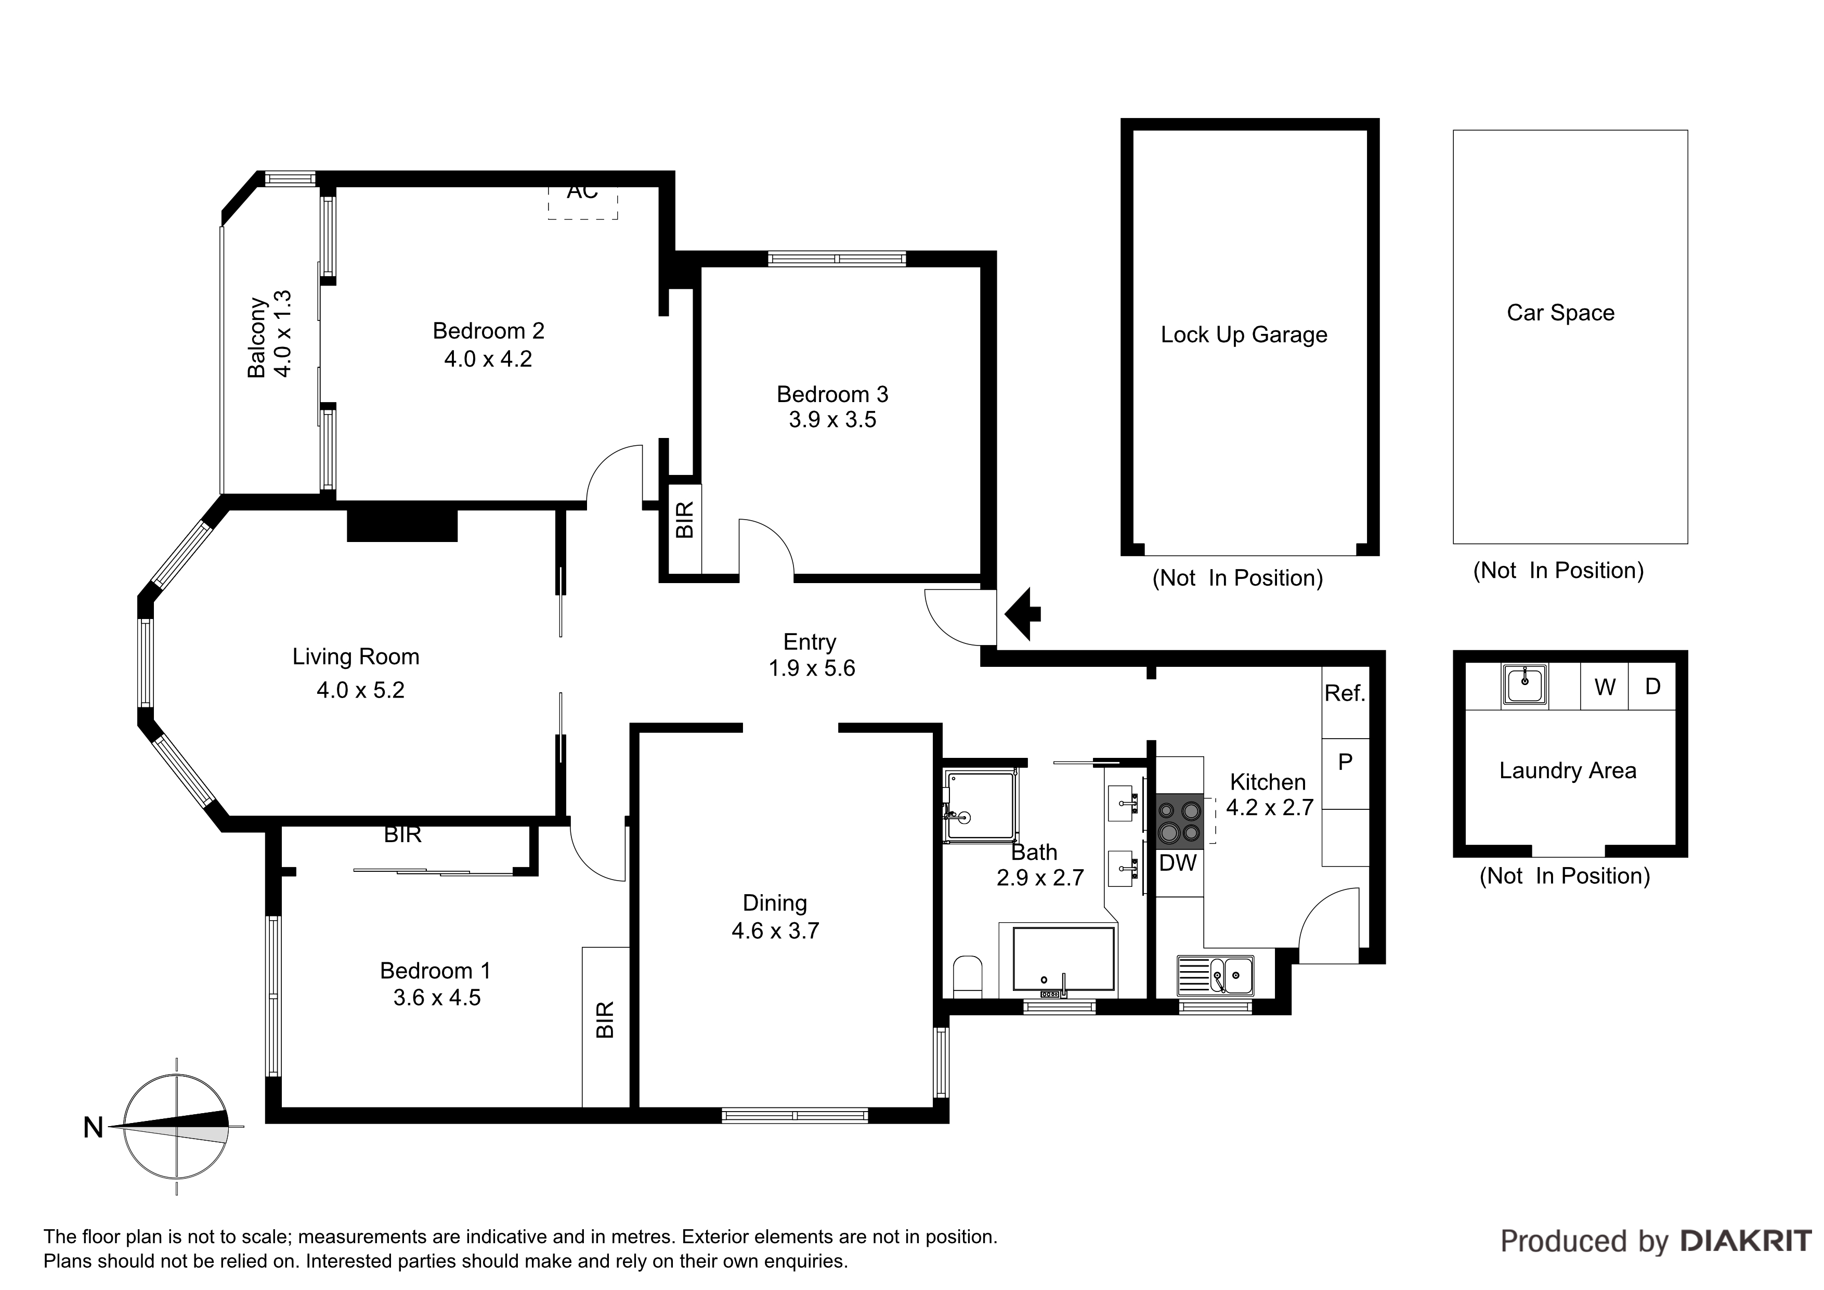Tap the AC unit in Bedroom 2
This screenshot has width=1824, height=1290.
582,202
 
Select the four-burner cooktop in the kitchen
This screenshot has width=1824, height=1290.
1180,821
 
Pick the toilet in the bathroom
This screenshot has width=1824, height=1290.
967,977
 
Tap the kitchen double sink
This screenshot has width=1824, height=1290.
1216,975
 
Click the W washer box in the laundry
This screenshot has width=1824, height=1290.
1605,687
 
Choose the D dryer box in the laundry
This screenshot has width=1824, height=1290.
1652,687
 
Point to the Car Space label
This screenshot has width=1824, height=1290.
1561,313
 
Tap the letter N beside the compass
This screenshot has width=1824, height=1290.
94,1127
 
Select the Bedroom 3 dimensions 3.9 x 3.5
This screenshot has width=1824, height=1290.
832,420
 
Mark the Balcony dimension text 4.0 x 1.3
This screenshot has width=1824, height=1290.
282,334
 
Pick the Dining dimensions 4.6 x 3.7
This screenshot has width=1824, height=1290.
775,931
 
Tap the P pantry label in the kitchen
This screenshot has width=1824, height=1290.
1345,762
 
